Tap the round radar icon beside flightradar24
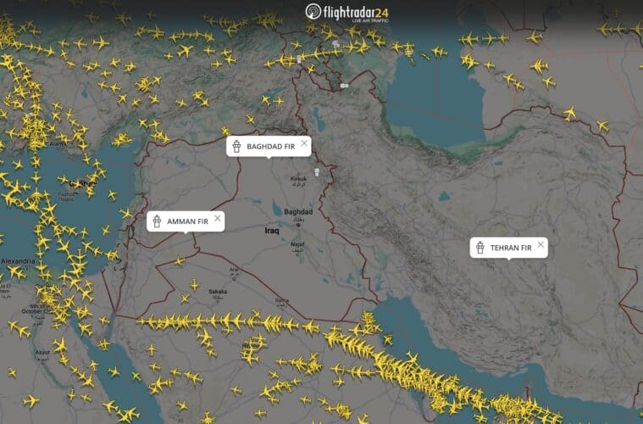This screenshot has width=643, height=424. click(x=314, y=12)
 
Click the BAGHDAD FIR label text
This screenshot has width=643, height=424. click(x=270, y=147)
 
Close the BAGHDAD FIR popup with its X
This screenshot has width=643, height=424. click(x=304, y=142)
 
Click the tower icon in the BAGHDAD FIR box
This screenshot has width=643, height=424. click(x=237, y=147)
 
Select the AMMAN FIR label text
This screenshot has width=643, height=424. click(x=187, y=221)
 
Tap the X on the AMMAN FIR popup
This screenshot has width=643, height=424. click(x=218, y=218)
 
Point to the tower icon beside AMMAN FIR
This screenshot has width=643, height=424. click(x=157, y=221)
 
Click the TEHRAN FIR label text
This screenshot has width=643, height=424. click(x=511, y=248)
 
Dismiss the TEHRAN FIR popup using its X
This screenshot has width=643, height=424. click(x=541, y=244)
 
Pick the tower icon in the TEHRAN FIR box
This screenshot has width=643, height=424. click(x=479, y=248)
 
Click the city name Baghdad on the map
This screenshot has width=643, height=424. click(x=298, y=211)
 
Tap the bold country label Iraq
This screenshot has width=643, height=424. click(x=272, y=231)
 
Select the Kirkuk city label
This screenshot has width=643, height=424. click(x=298, y=179)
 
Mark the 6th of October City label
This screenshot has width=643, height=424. click(x=37, y=308)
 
